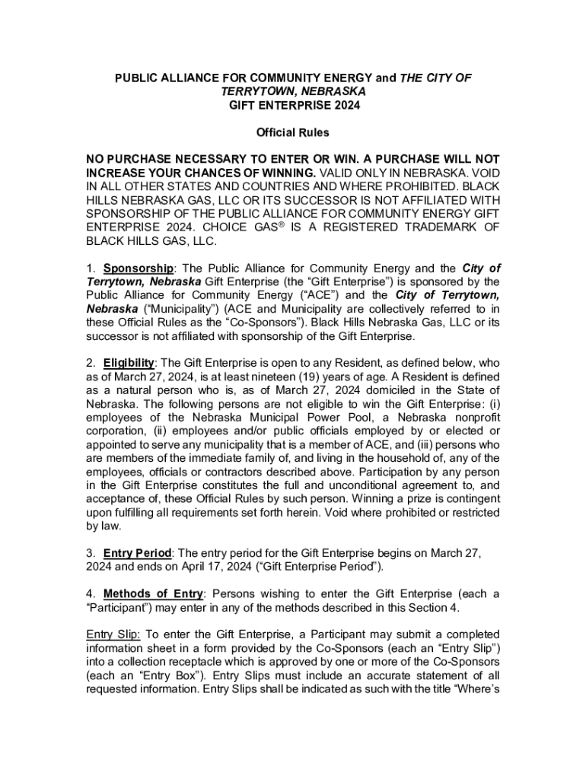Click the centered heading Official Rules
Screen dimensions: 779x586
coord(293,132)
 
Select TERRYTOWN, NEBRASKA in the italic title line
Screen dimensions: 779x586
coord(293,91)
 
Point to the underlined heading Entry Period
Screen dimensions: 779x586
coord(137,552)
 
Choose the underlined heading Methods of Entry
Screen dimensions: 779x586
coord(153,593)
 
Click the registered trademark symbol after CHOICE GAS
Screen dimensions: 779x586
coord(272,225)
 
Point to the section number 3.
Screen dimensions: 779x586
coord(91,552)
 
